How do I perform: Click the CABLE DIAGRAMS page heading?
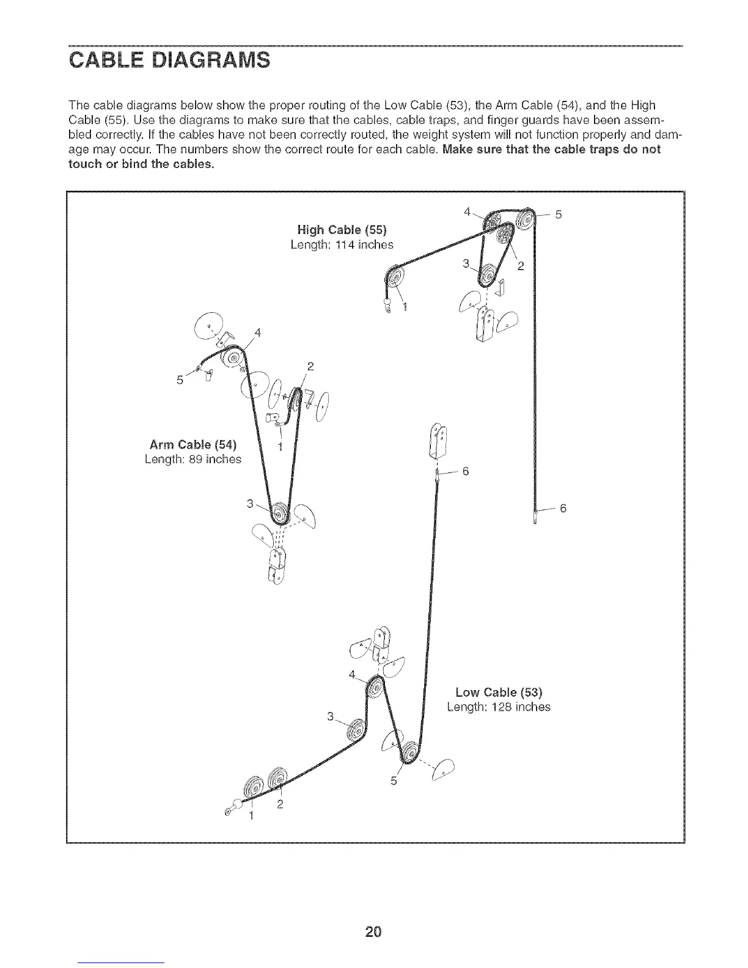168,62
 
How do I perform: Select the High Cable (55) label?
342,230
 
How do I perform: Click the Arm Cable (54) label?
193,444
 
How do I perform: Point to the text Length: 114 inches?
342,244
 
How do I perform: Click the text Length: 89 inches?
193,459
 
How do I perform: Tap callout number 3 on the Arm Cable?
249,504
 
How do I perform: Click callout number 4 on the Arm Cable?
258,332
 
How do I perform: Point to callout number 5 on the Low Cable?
394,781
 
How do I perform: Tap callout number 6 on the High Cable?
563,508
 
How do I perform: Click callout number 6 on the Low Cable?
466,471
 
